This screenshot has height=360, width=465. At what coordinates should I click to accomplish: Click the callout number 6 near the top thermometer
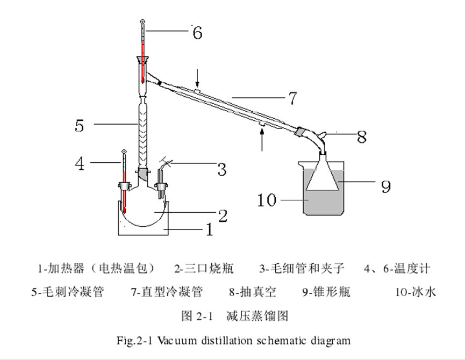197,33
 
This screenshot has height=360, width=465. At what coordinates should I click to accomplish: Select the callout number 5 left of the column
80,125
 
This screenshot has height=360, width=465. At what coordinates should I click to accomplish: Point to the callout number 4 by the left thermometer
80,163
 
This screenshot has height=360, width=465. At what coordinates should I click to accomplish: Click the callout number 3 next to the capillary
221,169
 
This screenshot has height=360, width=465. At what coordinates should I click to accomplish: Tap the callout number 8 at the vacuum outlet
362,136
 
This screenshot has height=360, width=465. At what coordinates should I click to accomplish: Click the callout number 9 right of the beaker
385,186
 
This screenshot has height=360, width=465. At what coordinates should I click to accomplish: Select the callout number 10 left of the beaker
267,200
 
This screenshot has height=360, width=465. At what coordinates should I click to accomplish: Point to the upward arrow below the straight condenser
262,141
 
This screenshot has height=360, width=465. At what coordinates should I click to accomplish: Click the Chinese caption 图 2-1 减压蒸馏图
234,315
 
